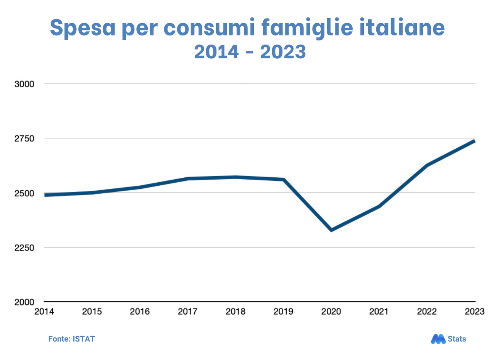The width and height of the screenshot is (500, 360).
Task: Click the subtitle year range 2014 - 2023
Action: [x=250, y=51]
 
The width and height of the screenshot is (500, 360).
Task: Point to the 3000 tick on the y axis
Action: [x=24, y=84]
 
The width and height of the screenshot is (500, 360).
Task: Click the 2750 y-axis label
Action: [x=24, y=138]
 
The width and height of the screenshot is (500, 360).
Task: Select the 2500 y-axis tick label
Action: [x=24, y=193]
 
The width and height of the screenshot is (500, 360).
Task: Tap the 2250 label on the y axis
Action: [x=24, y=247]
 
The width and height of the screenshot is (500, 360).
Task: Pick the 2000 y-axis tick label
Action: [x=24, y=302]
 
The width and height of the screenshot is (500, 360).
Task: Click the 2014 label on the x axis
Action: [x=44, y=312]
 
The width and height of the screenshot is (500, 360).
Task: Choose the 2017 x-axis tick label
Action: [x=187, y=312]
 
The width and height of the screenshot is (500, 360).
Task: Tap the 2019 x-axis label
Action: [x=283, y=312]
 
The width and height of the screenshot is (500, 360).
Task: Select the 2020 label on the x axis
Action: [x=331, y=312]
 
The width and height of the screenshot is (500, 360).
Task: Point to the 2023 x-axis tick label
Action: [x=474, y=312]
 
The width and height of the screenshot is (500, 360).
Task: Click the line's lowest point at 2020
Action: [x=331, y=230]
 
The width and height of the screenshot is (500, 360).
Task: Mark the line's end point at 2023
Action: [x=474, y=141]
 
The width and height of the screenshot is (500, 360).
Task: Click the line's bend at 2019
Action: [x=284, y=179]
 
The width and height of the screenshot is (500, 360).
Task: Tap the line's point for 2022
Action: [x=427, y=165]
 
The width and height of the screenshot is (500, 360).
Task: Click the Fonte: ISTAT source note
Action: [x=71, y=339]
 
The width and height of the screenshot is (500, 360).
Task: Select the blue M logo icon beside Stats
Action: [x=438, y=339]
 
